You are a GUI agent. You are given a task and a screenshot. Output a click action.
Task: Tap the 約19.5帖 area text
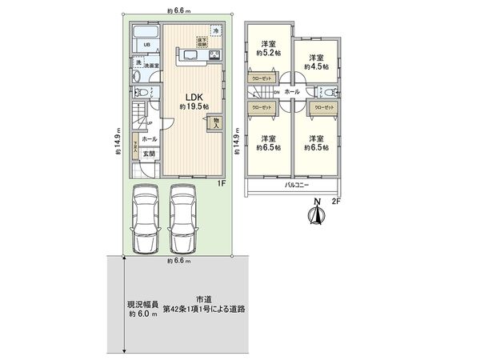193,106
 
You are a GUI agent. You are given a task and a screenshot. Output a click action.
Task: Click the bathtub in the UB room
146,33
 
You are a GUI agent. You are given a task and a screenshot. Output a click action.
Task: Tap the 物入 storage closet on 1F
215,124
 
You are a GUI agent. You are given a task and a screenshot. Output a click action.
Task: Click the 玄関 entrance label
149,154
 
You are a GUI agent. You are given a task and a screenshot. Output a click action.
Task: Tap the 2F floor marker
337,201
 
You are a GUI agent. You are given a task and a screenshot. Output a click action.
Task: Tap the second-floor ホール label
291,92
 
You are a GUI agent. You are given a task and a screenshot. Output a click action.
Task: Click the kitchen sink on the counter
194,54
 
